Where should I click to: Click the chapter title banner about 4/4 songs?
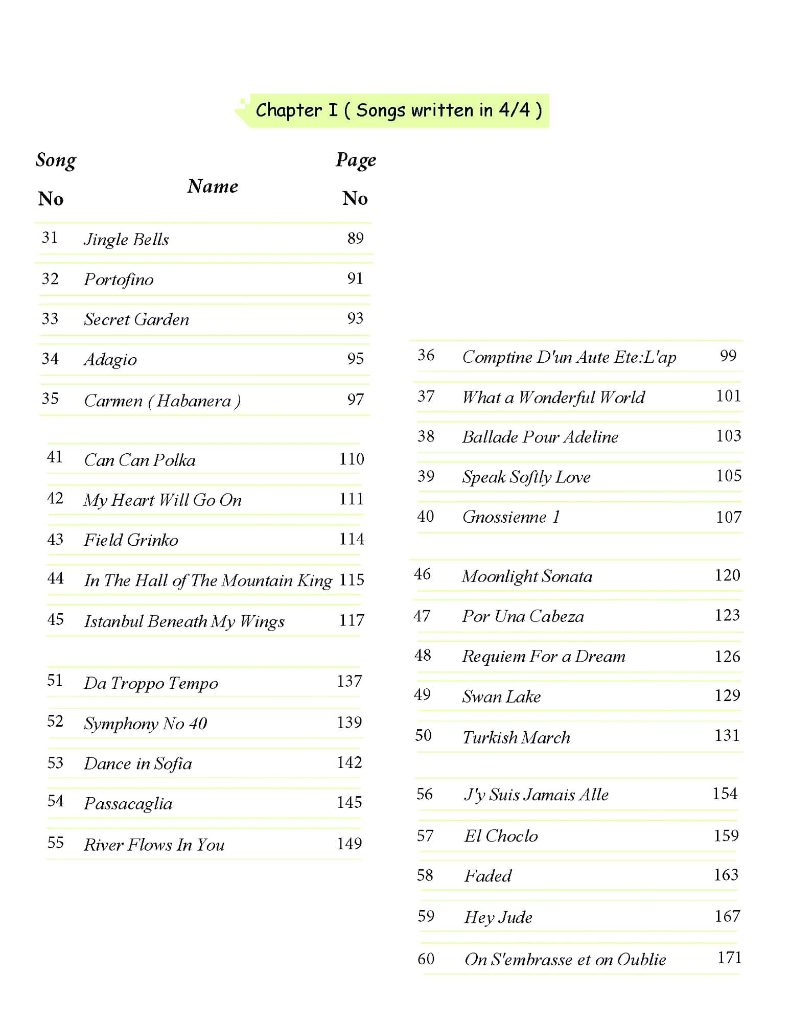pos(398,110)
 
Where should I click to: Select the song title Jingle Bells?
pos(126,239)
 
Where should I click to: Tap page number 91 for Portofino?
pos(355,278)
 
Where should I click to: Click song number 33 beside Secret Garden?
pos(50,319)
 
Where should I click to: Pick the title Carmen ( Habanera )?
pos(162,401)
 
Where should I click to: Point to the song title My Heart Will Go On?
pos(162,500)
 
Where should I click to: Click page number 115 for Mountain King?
pos(352,580)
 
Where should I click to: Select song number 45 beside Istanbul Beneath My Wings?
pos(55,620)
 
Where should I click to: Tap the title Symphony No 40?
pos(146,724)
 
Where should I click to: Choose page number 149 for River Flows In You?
pos(350,844)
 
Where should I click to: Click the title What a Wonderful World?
pos(553,397)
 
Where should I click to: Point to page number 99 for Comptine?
pos(728,356)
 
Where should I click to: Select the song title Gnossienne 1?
pos(511,517)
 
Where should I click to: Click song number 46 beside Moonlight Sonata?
pos(422,574)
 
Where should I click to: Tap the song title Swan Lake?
pos(501,696)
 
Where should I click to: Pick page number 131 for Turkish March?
pos(727,735)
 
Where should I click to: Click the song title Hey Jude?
pos(498,917)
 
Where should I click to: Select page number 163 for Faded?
pos(726,875)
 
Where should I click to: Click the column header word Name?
pos(213,186)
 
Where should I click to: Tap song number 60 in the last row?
pos(426,959)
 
